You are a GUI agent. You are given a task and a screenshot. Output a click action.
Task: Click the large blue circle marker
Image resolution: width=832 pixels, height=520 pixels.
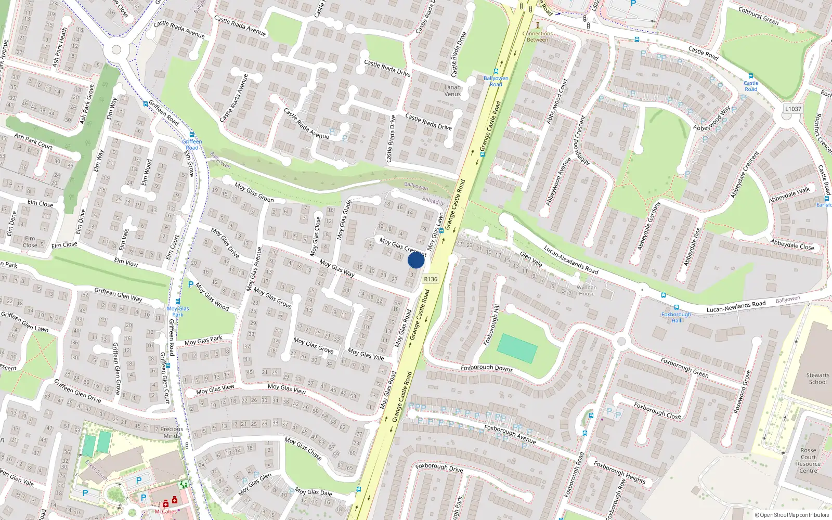[416, 260]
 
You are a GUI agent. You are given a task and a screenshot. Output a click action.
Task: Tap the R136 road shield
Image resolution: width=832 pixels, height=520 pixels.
[431, 279]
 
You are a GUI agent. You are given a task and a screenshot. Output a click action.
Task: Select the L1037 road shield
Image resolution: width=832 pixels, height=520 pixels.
[793, 109]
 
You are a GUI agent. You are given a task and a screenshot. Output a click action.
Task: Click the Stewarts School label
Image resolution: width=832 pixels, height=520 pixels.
[817, 379]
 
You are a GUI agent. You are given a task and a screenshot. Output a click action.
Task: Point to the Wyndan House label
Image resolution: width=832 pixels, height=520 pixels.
[587, 290]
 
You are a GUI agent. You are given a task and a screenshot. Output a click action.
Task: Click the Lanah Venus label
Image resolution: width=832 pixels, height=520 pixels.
[452, 90]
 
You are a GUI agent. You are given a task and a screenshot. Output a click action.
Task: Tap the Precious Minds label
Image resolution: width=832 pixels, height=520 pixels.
[172, 432]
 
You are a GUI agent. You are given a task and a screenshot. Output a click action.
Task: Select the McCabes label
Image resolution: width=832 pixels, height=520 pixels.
[166, 512]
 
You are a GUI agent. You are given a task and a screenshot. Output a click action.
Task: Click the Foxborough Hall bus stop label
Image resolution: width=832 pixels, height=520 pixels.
[676, 317]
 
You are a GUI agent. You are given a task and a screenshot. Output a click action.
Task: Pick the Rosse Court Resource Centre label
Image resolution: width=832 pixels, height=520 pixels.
[808, 461]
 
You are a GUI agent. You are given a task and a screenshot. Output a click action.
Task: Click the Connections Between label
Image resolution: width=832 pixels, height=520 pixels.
[538, 36]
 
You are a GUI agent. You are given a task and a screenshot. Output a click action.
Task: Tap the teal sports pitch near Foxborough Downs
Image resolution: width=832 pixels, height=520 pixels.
[517, 348]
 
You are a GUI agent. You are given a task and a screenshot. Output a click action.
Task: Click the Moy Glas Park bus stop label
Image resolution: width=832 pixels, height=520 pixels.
[178, 311]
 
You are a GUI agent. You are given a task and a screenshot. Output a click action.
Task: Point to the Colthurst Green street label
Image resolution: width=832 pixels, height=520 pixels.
[758, 16]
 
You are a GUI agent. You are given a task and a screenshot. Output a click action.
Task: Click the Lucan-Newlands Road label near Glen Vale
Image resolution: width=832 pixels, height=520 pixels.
[571, 259]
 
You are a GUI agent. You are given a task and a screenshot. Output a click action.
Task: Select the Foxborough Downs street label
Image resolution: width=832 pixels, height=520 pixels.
[487, 368]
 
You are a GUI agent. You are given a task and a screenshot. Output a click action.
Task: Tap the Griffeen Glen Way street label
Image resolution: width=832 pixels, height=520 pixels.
[118, 294]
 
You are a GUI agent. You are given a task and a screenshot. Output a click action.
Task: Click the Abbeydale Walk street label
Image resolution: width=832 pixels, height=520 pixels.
[789, 194]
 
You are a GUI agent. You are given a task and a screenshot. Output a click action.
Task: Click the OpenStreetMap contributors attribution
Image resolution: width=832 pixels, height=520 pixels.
[792, 515]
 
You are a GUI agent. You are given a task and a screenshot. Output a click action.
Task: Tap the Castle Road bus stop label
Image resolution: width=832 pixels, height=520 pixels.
[751, 86]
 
